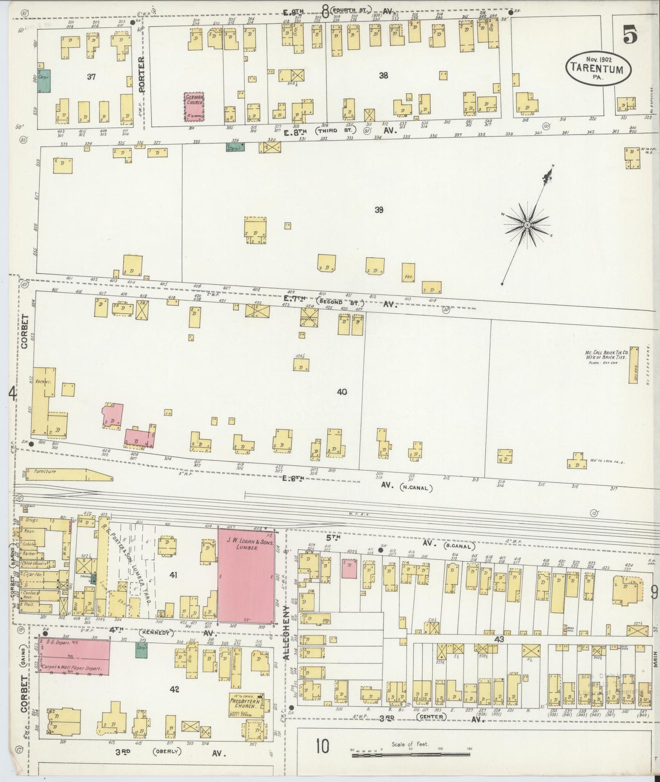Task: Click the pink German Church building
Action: (194, 107)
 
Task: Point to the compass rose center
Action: (527, 225)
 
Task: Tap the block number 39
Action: (379, 210)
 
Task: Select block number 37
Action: (91, 77)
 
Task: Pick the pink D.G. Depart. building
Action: (74, 657)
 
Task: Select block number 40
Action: (342, 391)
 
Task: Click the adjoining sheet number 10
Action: (322, 747)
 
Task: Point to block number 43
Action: (499, 639)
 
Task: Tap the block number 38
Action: (383, 76)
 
